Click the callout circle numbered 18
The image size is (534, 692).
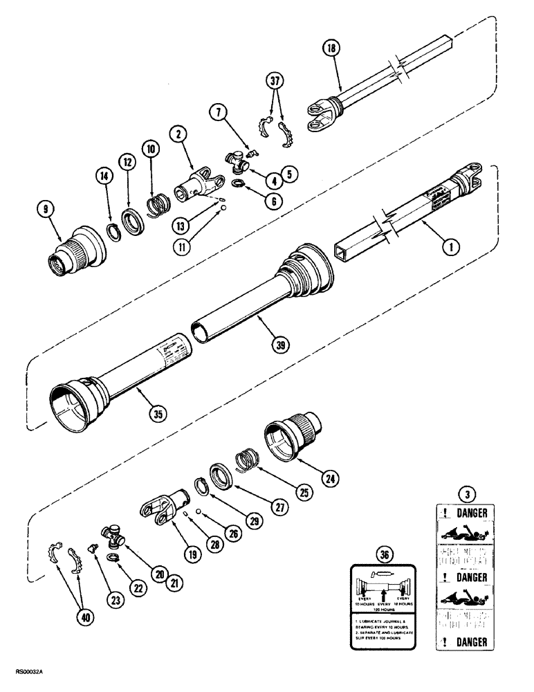pos(333,49)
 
